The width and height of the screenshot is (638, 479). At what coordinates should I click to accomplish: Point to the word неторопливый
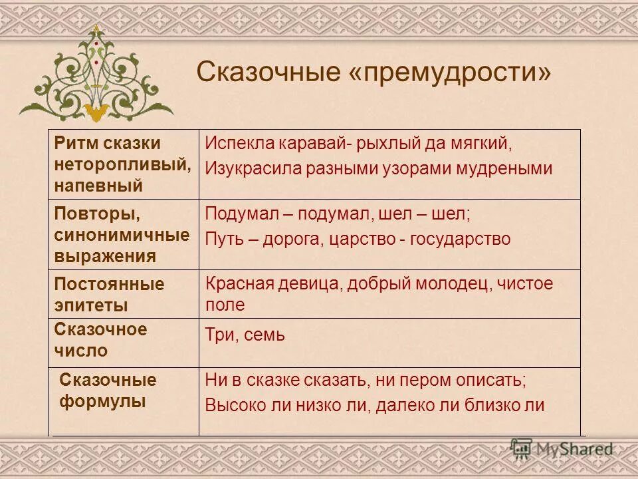122,164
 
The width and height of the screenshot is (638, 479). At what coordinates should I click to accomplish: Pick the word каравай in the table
315,143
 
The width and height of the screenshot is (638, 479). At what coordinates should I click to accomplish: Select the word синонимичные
122,236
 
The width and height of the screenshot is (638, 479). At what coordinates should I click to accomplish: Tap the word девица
308,284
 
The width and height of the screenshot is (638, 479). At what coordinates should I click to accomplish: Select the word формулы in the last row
103,401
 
